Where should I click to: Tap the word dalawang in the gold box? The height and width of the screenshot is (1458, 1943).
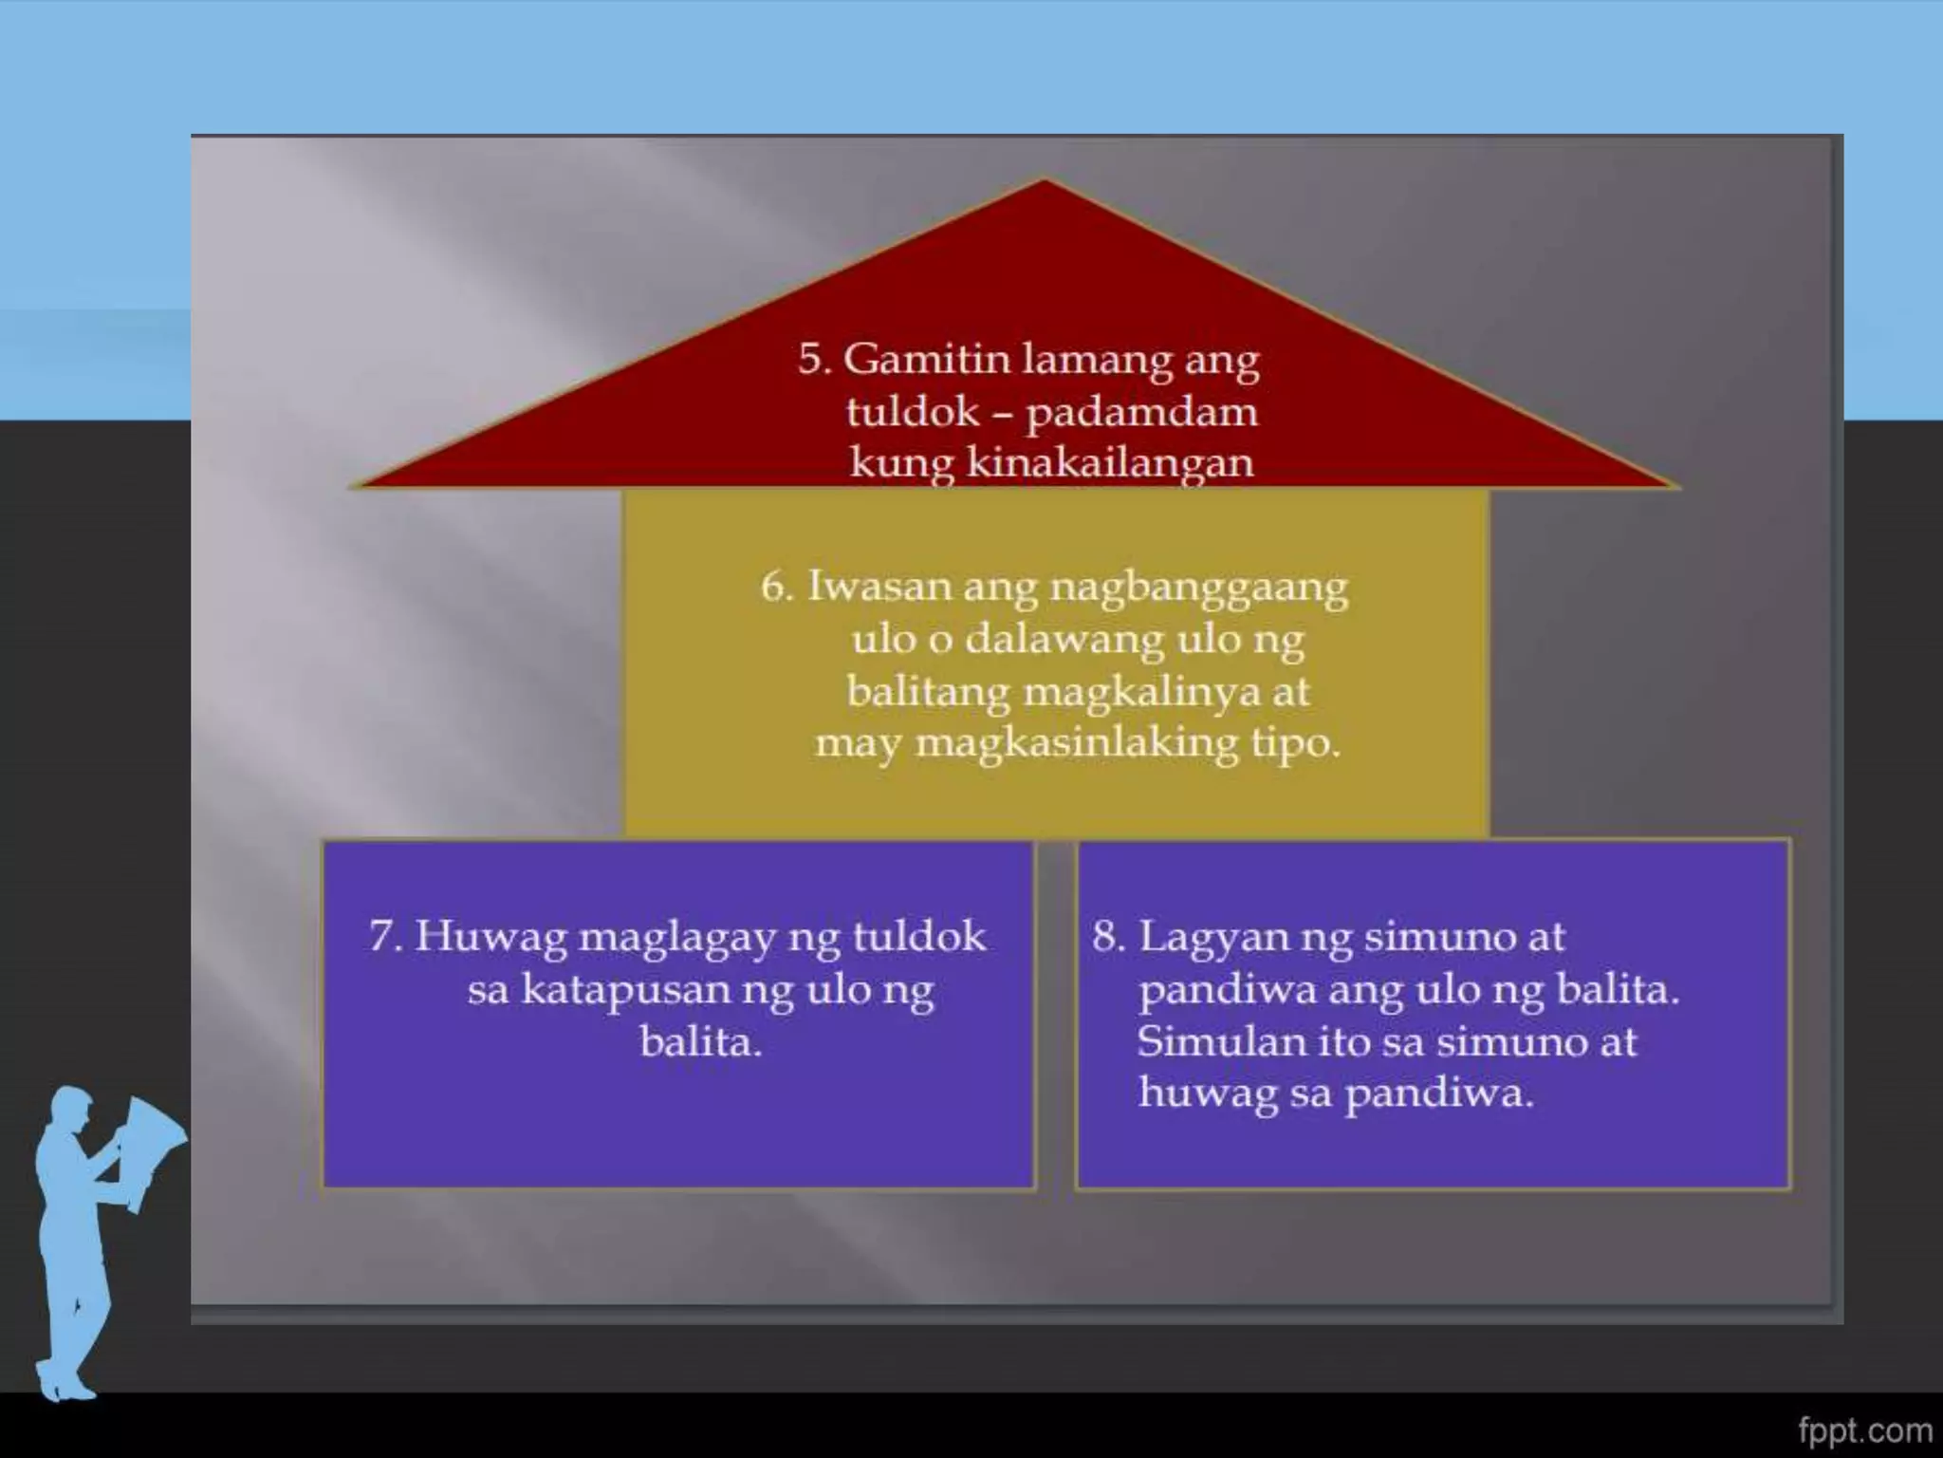[1064, 640]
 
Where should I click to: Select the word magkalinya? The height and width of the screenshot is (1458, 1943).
[1142, 692]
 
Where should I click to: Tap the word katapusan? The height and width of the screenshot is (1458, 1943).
[625, 991]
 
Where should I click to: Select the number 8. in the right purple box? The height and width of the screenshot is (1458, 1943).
[1108, 938]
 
